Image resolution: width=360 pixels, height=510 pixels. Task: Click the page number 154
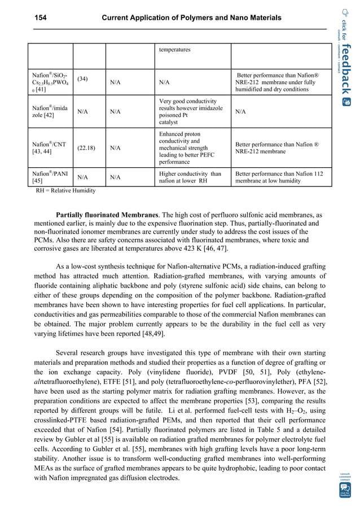click(38, 18)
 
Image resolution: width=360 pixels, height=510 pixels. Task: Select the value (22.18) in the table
click(86, 149)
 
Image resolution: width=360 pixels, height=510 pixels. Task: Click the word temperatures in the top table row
click(175, 50)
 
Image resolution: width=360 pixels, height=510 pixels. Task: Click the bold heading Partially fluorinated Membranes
click(107, 215)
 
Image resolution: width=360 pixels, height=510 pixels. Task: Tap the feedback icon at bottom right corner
click(345, 489)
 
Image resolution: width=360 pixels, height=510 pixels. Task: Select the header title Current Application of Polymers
click(191, 18)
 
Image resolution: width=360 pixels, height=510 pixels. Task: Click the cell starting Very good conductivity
click(191, 111)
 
